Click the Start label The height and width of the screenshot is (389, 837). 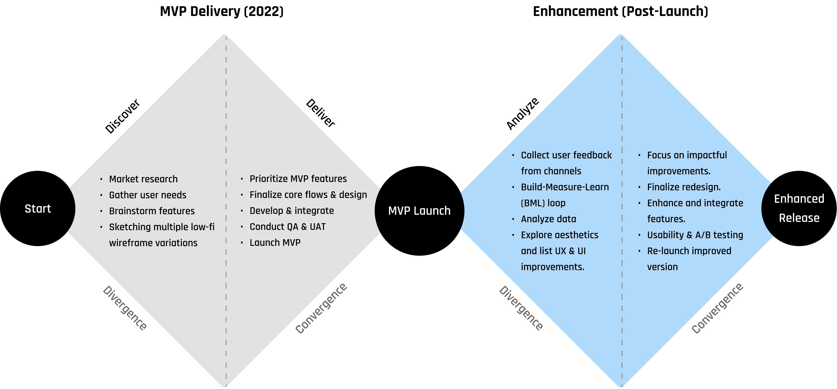(x=38, y=209)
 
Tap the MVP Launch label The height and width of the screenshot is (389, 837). (x=419, y=211)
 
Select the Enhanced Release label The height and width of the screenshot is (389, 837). (x=799, y=208)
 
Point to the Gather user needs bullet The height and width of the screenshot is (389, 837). (x=148, y=195)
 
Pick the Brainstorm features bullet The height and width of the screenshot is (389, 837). (x=152, y=211)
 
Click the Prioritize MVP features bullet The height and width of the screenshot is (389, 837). (x=298, y=179)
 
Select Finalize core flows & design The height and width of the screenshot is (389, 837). (x=308, y=194)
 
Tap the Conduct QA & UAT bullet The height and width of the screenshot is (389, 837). (x=287, y=227)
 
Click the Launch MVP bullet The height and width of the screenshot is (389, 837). (x=275, y=243)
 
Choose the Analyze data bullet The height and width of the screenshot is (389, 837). (x=549, y=219)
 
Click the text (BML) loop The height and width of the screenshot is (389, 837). (x=543, y=203)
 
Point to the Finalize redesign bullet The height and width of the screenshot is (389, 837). (x=684, y=187)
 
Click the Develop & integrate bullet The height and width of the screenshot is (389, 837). (x=291, y=211)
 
